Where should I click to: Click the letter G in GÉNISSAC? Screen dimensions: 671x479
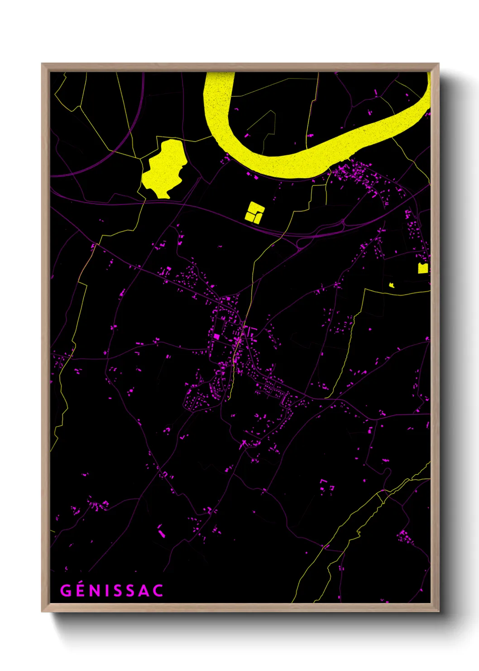pyautogui.click(x=66, y=591)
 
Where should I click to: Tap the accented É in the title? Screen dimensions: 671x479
pyautogui.click(x=80, y=591)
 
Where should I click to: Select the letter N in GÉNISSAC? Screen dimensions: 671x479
pyautogui.click(x=96, y=591)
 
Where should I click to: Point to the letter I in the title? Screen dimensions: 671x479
pyautogui.click(x=108, y=591)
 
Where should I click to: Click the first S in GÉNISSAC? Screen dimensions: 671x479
pyautogui.click(x=119, y=591)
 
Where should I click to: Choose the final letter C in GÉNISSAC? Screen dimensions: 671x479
pyautogui.click(x=158, y=591)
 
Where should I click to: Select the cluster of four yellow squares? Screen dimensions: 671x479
pyautogui.click(x=254, y=212)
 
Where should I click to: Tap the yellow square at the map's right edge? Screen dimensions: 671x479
pyautogui.click(x=423, y=268)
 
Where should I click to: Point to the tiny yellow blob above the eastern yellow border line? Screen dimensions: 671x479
pyautogui.click(x=392, y=285)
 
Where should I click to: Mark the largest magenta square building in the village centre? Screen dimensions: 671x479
pyautogui.click(x=216, y=336)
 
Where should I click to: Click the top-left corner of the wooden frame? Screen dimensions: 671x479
pyautogui.click(x=43, y=64)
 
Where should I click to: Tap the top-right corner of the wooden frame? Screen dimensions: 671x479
pyautogui.click(x=438, y=64)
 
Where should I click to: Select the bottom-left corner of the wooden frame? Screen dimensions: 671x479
pyautogui.click(x=43, y=611)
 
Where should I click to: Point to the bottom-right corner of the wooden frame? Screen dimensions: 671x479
pyautogui.click(x=438, y=611)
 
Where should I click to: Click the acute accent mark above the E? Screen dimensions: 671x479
pyautogui.click(x=81, y=583)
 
